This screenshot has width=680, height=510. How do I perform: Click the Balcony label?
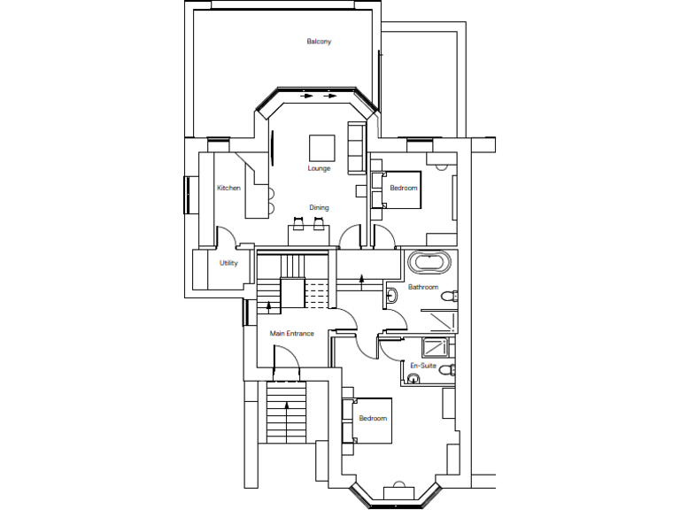click(319, 42)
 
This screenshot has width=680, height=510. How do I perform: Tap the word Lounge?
click(319, 168)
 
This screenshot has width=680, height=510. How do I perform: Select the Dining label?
click(319, 208)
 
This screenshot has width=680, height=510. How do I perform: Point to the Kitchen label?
click(229, 188)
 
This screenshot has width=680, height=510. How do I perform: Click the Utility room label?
click(228, 263)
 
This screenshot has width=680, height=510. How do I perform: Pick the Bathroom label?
click(423, 288)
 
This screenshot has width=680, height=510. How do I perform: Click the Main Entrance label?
click(292, 334)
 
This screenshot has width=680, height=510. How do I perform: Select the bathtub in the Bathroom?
click(430, 263)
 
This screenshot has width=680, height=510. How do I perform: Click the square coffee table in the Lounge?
click(321, 147)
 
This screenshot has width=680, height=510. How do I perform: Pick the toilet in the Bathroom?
click(450, 296)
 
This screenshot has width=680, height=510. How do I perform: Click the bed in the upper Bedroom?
click(400, 189)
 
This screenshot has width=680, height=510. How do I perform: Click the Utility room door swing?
click(227, 239)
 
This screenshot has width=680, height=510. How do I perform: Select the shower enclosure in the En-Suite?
click(436, 346)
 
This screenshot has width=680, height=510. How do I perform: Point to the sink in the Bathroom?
click(391, 294)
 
